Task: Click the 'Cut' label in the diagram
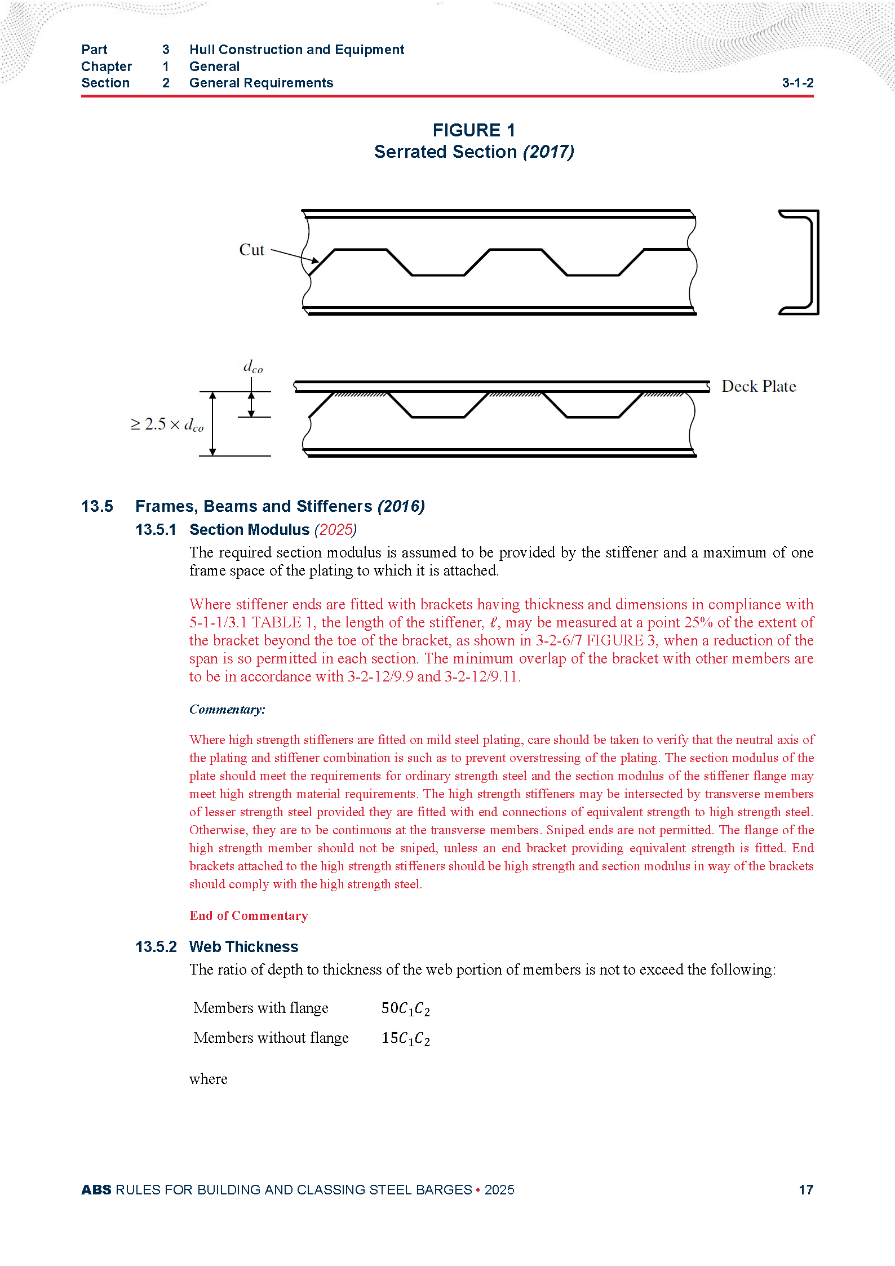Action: [251, 250]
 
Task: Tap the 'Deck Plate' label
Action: [759, 386]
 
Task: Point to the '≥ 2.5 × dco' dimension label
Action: [167, 424]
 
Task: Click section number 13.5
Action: [97, 506]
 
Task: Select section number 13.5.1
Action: [156, 530]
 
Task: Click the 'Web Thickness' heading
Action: [243, 946]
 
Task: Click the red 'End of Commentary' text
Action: [249, 915]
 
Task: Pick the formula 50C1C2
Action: [405, 1008]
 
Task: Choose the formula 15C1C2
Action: [405, 1038]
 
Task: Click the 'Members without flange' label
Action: [271, 1038]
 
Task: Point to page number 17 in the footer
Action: [806, 1189]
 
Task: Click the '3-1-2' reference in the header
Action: [797, 83]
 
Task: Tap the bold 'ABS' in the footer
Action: [96, 1189]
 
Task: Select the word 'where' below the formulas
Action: [209, 1079]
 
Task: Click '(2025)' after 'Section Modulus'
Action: [335, 530]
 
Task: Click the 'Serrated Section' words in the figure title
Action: [445, 152]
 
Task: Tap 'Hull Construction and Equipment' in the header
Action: [296, 50]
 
